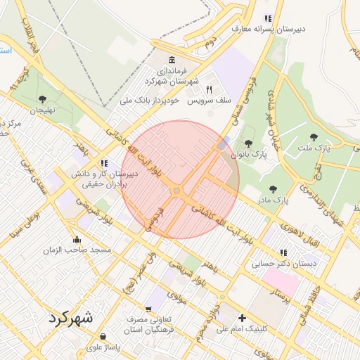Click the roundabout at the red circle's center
[x=177, y=191]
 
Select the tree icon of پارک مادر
[x=273, y=188]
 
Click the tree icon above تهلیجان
[x=43, y=99]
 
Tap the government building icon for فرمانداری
[x=173, y=59]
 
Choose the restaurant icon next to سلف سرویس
[x=209, y=89]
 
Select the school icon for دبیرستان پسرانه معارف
[x=266, y=18]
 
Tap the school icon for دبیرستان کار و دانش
[x=105, y=163]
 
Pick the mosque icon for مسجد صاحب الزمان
[x=77, y=239]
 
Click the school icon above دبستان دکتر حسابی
[x=283, y=252]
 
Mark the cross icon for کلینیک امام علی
[x=243, y=318]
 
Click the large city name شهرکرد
[x=71, y=318]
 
